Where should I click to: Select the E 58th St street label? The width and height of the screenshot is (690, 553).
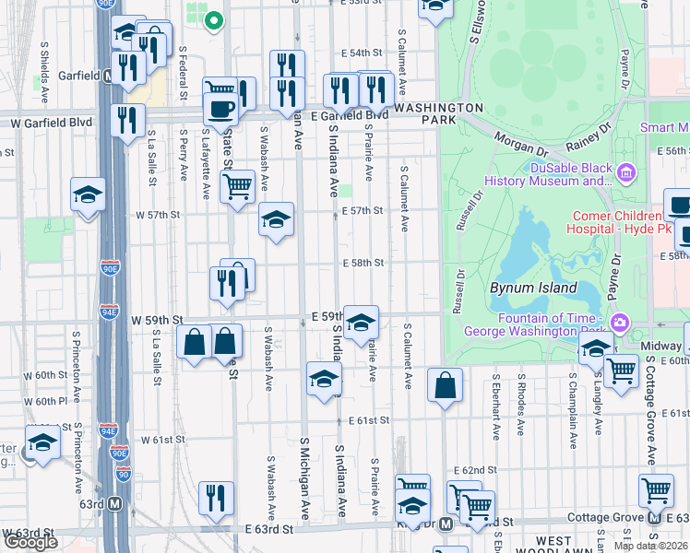(363, 264)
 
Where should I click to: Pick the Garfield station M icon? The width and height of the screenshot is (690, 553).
(108, 76)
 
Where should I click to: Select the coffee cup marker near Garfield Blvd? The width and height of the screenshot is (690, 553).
(220, 110)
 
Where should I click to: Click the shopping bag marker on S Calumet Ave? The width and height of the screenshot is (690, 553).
(445, 386)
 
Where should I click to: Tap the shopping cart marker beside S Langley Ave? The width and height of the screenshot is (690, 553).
(621, 371)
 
